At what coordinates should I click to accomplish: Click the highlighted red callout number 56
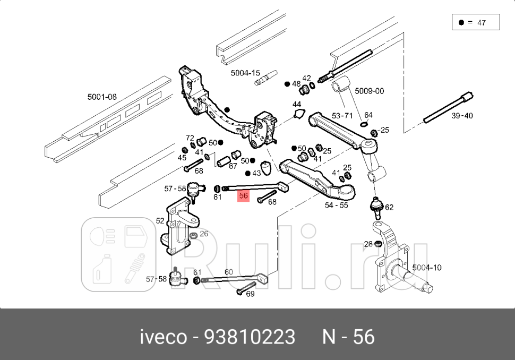[244, 195]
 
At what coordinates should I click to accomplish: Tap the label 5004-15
[245, 73]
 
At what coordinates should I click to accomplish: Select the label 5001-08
[102, 97]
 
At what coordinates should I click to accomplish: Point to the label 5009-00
[369, 91]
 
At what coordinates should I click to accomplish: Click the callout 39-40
[461, 115]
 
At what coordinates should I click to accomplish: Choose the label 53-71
[342, 115]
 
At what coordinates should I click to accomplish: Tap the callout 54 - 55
[336, 205]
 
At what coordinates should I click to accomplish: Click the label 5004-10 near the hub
[426, 267]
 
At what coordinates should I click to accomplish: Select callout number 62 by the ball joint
[389, 207]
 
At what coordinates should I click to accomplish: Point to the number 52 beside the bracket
[160, 220]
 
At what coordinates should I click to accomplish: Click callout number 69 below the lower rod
[250, 294]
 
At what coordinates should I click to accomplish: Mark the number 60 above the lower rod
[228, 272]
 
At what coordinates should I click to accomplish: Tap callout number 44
[296, 104]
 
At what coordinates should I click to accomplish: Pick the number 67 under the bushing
[233, 166]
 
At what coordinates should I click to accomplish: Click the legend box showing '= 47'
[475, 22]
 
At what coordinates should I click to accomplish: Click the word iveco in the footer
[163, 337]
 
